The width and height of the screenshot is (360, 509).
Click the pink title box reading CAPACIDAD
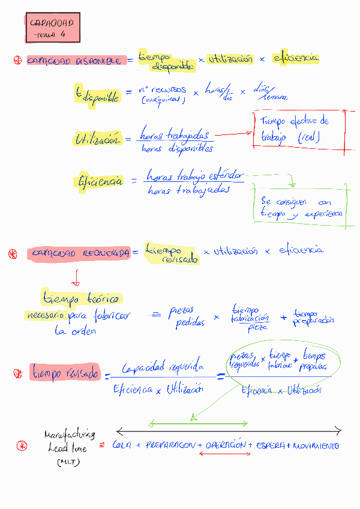pos(53,28)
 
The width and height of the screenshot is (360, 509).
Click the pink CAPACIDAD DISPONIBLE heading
pos(74,61)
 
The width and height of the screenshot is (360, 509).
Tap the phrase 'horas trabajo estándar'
pos(195,176)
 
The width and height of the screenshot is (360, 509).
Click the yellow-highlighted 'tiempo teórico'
pos(81,298)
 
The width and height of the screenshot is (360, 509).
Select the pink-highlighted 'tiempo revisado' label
pos(65,373)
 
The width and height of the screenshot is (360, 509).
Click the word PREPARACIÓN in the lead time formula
pos(170,446)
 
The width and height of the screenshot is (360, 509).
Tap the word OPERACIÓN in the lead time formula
pos(226,446)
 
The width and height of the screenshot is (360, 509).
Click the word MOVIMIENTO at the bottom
pos(316,446)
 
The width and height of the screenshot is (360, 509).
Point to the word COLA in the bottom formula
pos(122,446)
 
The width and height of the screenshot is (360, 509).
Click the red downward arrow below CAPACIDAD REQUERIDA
pos(76,276)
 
